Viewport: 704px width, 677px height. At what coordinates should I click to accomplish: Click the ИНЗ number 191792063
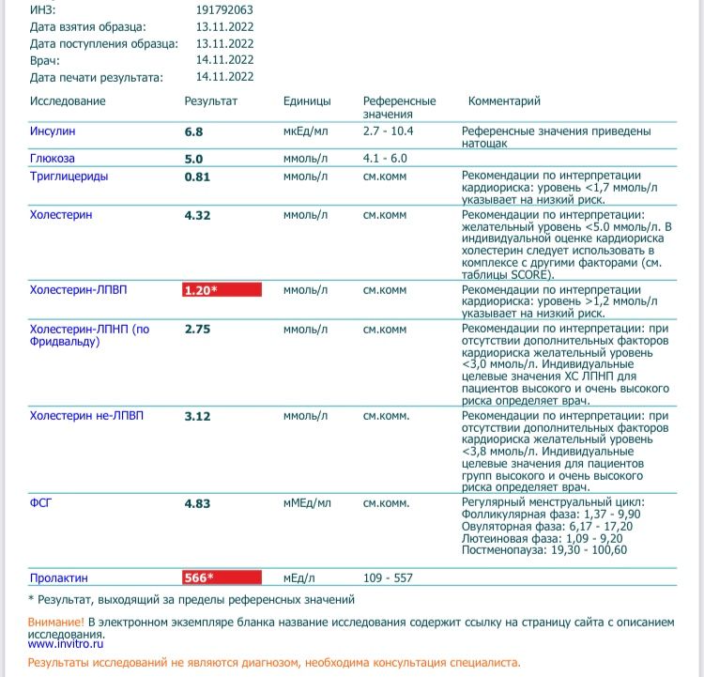224,9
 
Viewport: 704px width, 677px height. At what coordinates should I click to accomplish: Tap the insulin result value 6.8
193,132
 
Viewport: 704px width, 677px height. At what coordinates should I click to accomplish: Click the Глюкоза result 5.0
193,159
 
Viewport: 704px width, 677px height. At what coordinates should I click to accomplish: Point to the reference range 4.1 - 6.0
385,159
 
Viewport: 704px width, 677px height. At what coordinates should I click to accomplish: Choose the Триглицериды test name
69,176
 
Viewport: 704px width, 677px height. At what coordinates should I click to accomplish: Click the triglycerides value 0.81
197,176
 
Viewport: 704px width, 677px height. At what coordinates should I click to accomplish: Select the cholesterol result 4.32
197,215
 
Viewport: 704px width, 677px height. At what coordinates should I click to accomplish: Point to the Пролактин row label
58,577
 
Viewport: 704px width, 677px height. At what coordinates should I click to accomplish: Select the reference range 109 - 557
388,577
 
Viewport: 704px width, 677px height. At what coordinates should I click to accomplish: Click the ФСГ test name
40,503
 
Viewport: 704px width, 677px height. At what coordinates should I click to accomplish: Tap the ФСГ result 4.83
197,503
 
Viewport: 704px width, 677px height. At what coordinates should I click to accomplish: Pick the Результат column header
210,101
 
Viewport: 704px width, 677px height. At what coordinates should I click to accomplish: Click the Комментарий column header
504,101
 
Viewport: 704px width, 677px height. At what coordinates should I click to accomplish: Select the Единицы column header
307,101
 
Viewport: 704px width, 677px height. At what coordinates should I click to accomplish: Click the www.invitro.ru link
66,644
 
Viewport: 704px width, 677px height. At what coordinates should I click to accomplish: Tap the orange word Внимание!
56,622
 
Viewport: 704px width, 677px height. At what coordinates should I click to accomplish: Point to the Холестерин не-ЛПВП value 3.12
197,416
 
